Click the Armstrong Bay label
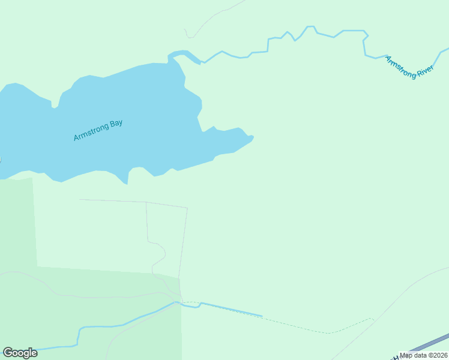pos(98,131)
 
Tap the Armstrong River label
pos(409,67)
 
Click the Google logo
pos(20,353)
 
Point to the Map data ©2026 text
pos(424,355)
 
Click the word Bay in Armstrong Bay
pos(116,124)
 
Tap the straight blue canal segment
pos(231,310)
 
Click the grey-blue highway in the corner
pos(432,343)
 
